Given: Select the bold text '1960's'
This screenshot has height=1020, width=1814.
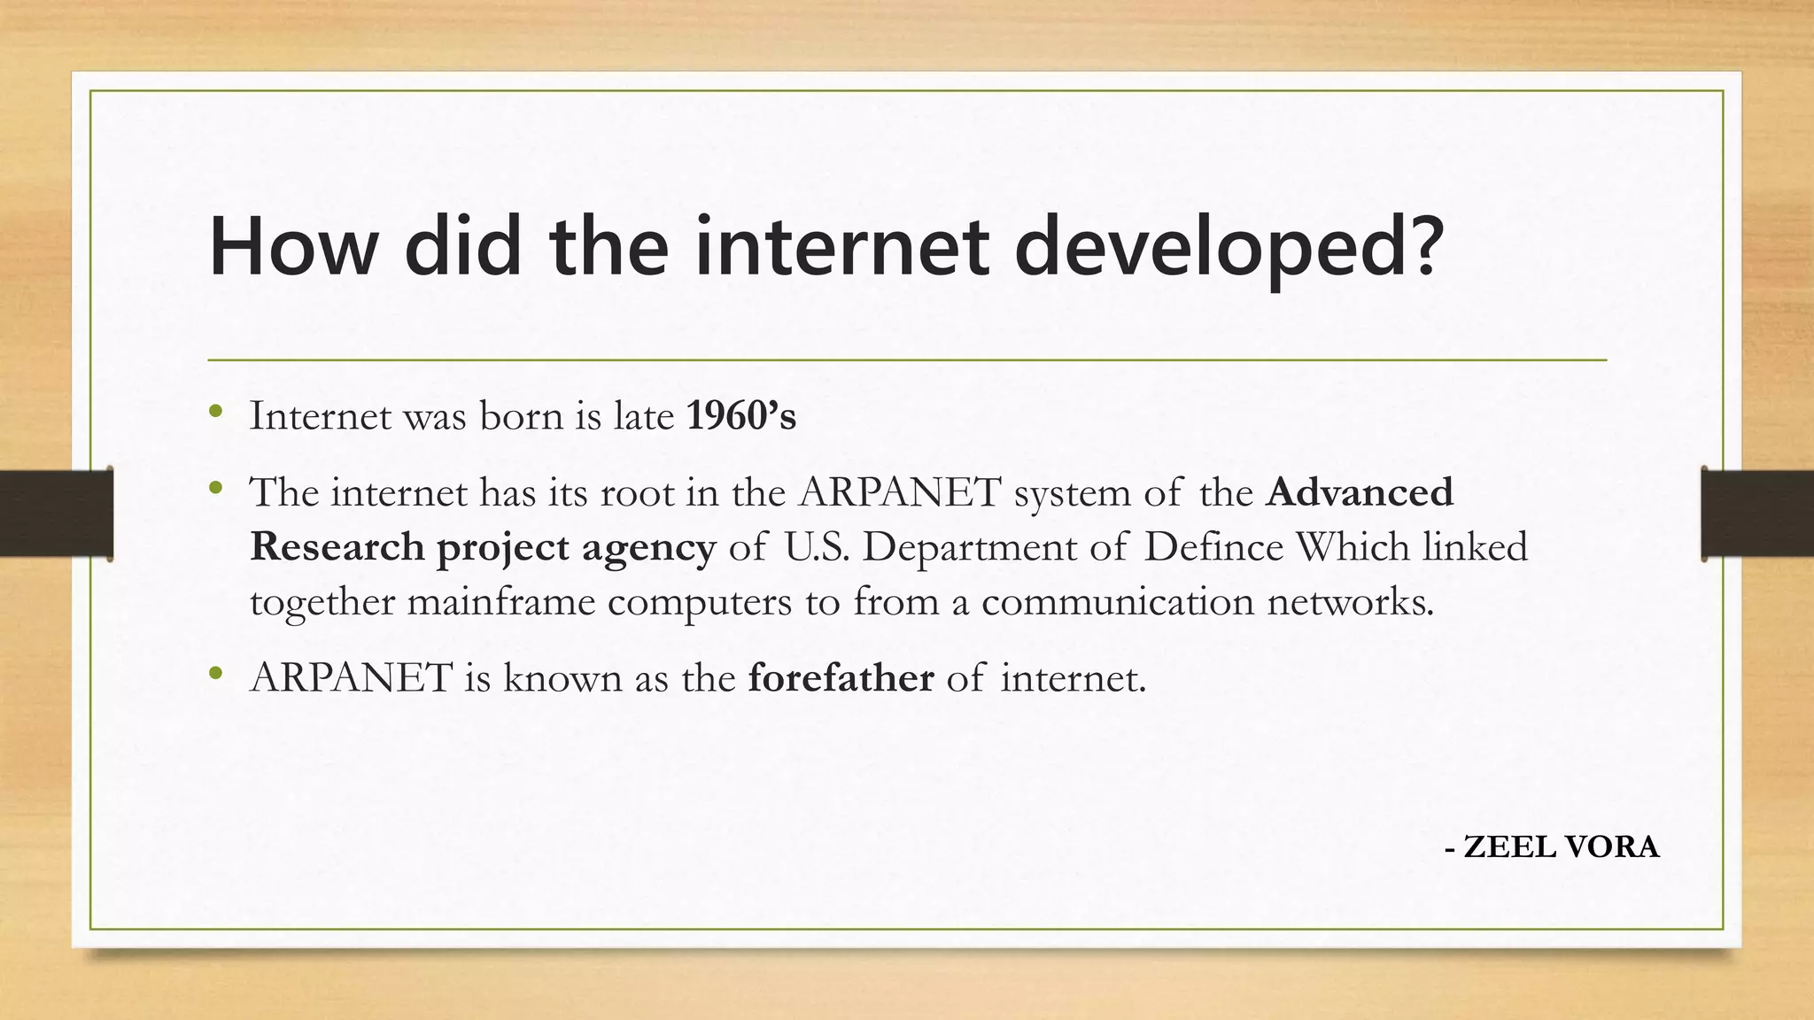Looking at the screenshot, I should coord(741,416).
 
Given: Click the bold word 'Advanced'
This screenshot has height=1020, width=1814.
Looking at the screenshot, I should coord(1360,492).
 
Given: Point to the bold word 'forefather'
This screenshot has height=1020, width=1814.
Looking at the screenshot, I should coord(841,678).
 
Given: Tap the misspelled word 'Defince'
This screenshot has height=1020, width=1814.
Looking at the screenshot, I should coord(1213,547).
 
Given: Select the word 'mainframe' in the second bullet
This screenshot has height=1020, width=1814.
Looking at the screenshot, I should coord(501,602).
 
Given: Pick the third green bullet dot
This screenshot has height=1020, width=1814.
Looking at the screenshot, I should coord(215,674).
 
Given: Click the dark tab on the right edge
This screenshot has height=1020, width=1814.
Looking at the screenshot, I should coord(1757,514).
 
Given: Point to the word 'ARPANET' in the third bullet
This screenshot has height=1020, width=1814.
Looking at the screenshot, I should coord(352,678).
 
